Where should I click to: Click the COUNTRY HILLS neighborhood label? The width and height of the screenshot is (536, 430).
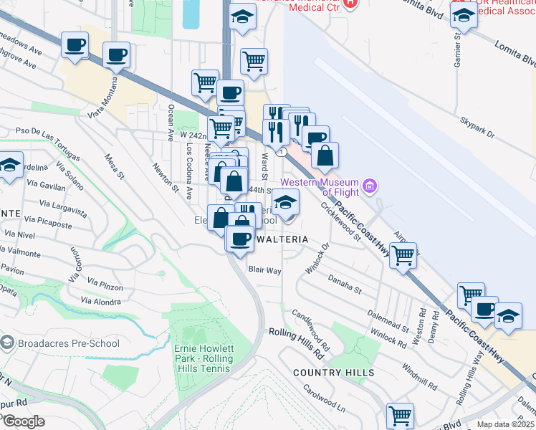point(333,373)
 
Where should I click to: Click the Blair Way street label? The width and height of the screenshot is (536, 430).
point(264,270)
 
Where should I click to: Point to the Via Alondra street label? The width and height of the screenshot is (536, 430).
point(101,302)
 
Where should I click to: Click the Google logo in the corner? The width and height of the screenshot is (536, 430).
point(23,421)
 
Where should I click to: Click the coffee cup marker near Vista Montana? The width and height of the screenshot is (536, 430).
point(116,54)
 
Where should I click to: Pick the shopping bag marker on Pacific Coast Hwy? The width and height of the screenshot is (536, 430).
point(325,156)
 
